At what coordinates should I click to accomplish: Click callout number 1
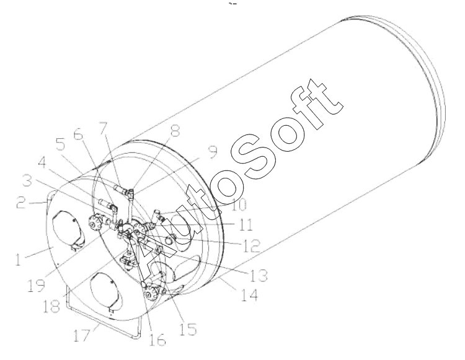click(19, 259)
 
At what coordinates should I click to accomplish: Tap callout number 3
click(27, 180)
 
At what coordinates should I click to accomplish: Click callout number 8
click(175, 130)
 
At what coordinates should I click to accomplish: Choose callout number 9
click(212, 152)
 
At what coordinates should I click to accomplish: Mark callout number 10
click(239, 204)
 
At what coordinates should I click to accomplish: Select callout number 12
click(252, 245)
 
